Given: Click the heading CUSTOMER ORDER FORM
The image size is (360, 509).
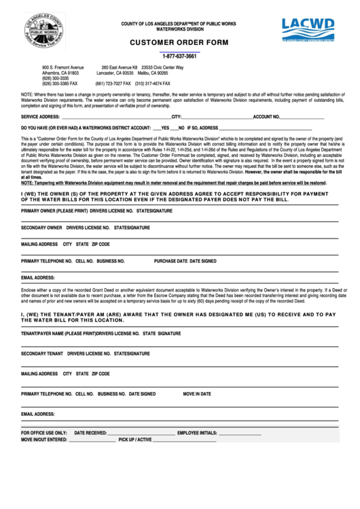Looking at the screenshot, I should point(179,42).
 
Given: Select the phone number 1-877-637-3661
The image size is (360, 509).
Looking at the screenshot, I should point(179,56).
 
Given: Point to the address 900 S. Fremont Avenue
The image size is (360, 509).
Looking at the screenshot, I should point(63,68).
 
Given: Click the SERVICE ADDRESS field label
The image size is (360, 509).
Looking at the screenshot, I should point(41,118).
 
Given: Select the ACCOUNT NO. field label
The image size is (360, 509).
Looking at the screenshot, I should point(271,118).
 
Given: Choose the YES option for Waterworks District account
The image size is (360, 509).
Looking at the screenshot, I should point(165,128).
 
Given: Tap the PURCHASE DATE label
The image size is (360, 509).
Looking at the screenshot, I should point(170,261).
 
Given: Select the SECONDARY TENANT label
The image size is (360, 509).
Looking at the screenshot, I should point(42,353).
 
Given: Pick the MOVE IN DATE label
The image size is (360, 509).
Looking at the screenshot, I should point(197,393).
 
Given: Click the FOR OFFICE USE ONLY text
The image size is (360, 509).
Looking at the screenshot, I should point(44,433).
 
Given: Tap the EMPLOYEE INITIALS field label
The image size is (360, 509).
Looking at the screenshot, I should point(197,433).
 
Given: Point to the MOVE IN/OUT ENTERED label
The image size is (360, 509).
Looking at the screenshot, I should point(44,440).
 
